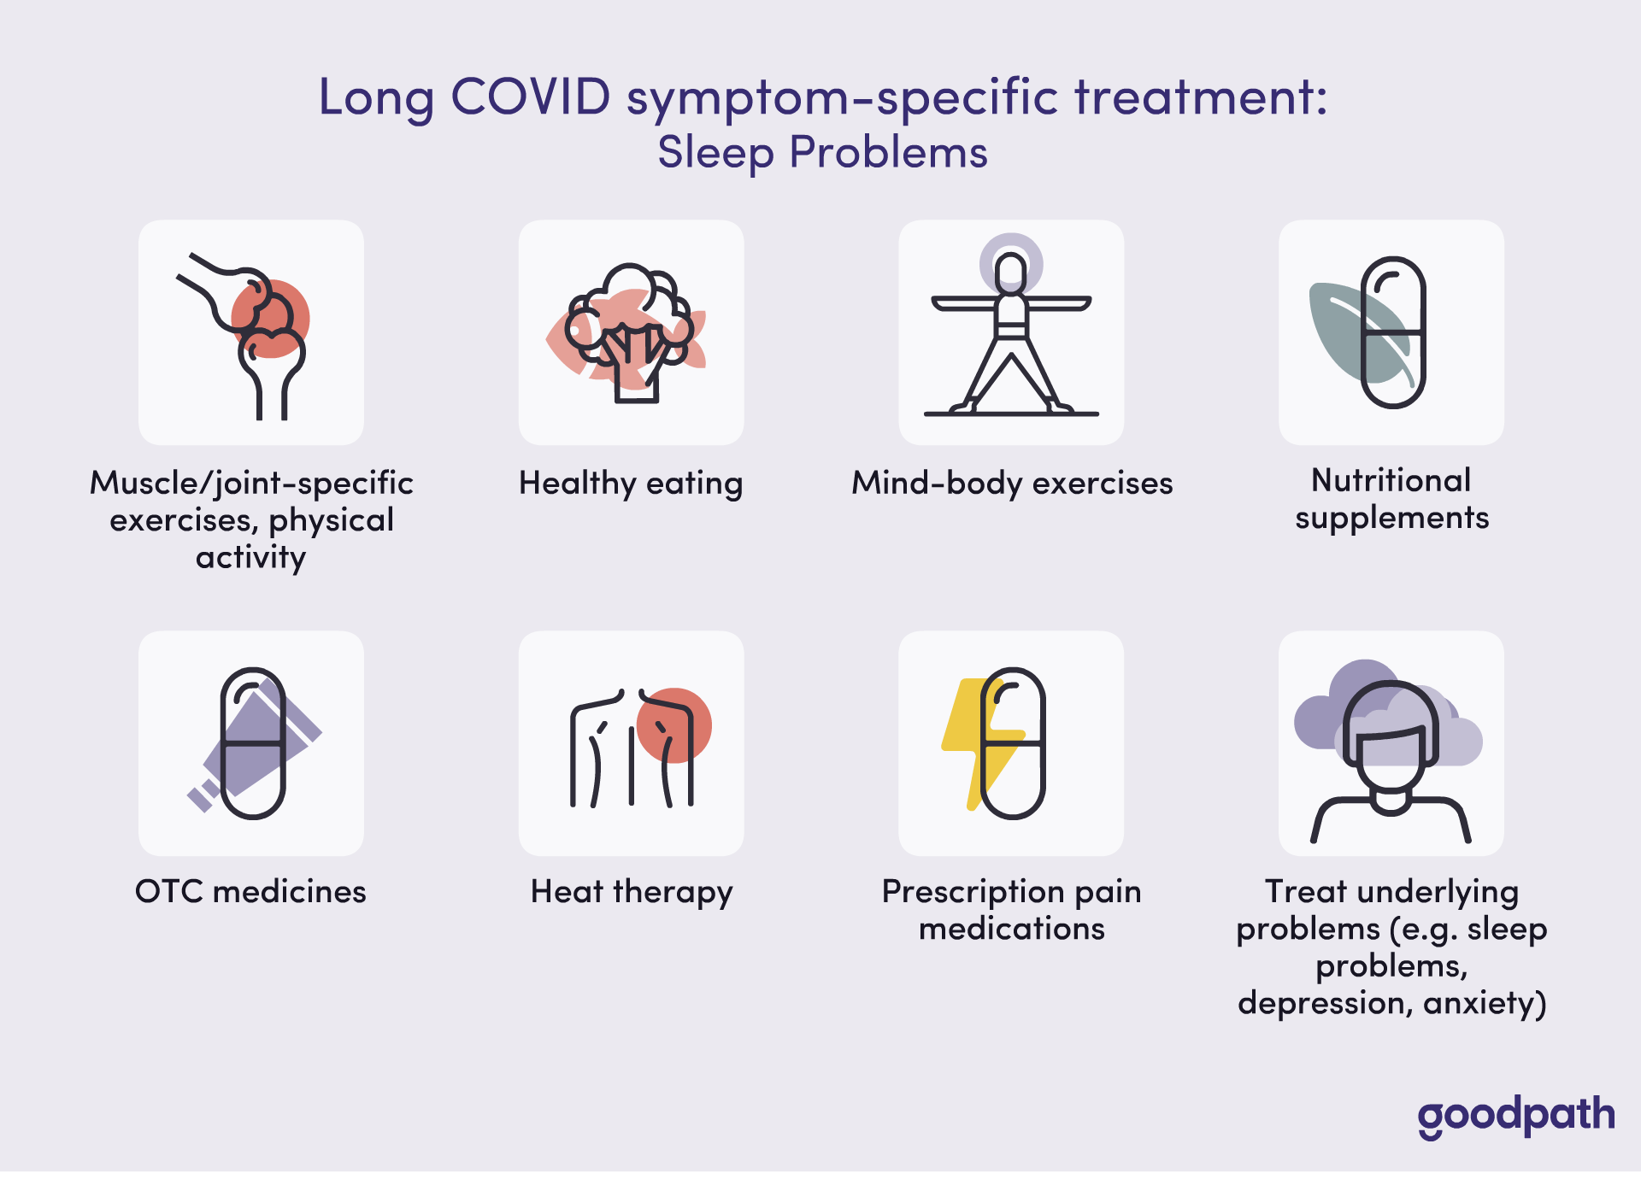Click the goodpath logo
pyautogui.click(x=1516, y=1117)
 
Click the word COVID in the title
pyautogui.click(x=531, y=96)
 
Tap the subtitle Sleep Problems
pyautogui.click(x=822, y=154)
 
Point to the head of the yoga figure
pyautogui.click(x=1011, y=272)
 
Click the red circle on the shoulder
pyautogui.click(x=674, y=725)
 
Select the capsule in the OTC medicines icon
pyautogui.click(x=253, y=743)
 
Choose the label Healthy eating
pyautogui.click(x=631, y=484)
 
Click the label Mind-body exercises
pyautogui.click(x=1012, y=484)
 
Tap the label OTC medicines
pyautogui.click(x=250, y=891)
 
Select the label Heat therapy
pyautogui.click(x=632, y=892)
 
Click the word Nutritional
pyautogui.click(x=1391, y=480)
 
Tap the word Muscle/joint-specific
pyautogui.click(x=251, y=484)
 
